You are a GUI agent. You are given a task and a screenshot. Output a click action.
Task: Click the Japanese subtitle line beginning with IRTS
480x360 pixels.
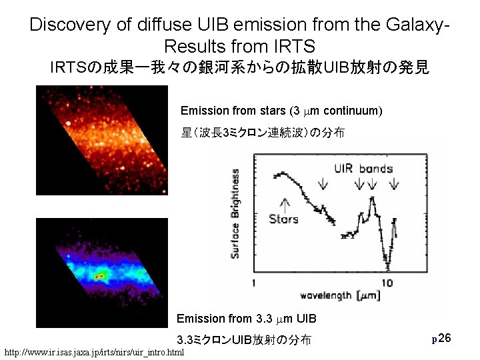240,68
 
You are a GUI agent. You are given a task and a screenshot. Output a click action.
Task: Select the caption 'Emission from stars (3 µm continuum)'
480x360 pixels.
281,110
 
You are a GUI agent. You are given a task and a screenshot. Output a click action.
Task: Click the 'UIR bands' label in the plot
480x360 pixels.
363,168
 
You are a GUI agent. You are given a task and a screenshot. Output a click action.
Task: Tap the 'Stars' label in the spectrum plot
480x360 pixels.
283,219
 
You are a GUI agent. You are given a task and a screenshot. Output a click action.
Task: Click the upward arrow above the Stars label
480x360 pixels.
286,203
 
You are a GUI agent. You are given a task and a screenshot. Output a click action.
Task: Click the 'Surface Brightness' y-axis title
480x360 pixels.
235,213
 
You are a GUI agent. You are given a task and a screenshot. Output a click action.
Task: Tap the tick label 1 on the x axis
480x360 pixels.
254,283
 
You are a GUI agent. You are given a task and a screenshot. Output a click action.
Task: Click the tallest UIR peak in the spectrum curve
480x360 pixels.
372,198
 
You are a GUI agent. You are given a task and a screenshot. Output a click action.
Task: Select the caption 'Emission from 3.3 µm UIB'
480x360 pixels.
246,319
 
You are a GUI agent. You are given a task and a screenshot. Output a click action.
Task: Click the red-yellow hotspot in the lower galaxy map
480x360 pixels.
100,275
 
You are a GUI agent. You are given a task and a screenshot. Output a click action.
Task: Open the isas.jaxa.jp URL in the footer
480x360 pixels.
94,351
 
